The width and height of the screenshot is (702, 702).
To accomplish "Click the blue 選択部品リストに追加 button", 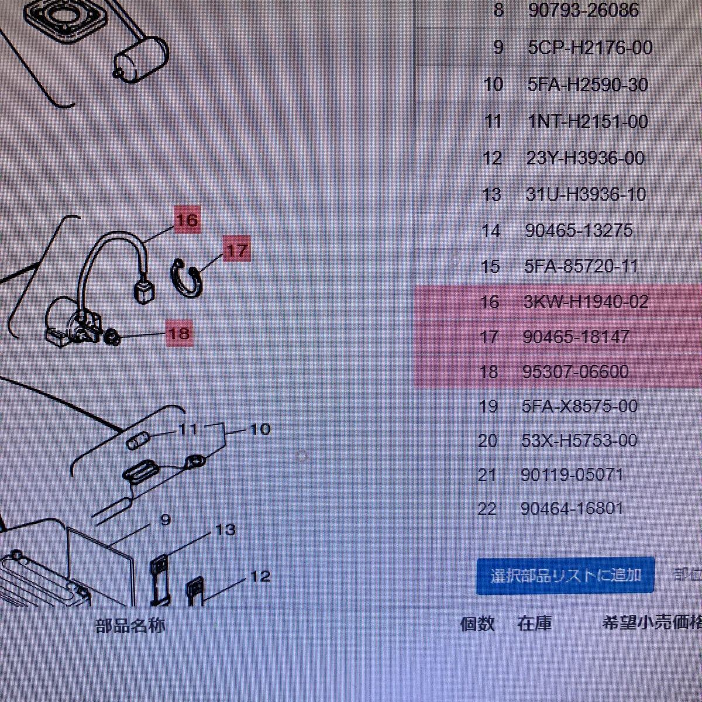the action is click(565, 576).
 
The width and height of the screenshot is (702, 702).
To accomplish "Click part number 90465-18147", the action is click(577, 337).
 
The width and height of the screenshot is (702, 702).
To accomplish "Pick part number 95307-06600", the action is click(576, 371).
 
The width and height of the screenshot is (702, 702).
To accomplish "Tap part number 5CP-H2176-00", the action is click(590, 47).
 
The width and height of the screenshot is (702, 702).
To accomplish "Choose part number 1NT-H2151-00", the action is click(587, 122).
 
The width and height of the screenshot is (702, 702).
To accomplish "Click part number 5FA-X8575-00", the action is click(579, 406).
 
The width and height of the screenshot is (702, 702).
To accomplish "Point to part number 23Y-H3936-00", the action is click(585, 158).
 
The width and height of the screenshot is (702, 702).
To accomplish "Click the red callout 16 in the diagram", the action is click(187, 221).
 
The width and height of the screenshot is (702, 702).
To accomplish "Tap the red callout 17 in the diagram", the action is click(236, 250).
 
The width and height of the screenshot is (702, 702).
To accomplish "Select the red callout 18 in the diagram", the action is click(179, 333).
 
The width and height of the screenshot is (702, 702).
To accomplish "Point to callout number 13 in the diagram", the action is click(225, 530).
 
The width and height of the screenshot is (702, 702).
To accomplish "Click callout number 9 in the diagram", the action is click(165, 519).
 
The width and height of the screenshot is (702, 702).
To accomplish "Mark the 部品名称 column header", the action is click(130, 625).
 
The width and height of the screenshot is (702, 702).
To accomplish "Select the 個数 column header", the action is click(477, 624).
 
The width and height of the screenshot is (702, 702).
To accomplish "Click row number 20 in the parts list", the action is click(487, 441).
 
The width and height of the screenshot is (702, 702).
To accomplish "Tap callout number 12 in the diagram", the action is click(260, 577).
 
